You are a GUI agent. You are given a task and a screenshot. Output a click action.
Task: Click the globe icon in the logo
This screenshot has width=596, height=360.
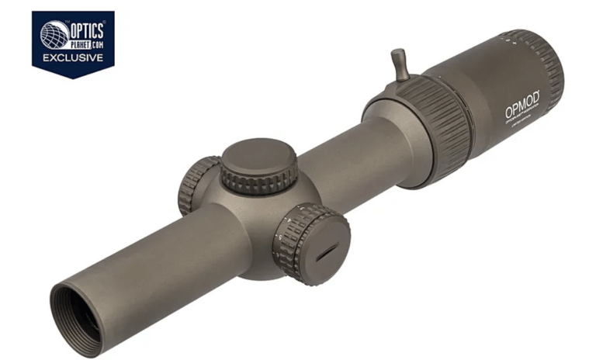pos(55,35)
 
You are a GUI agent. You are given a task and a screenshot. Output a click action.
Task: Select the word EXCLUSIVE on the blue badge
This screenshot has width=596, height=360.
pos(73,58)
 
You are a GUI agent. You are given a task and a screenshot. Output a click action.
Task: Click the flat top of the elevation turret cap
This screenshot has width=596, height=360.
pos(258,157)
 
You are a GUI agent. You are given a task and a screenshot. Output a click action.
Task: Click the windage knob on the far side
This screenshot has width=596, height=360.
pos(195,183)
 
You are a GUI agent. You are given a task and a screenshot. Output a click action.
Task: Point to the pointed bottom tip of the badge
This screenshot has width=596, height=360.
pos(73,77)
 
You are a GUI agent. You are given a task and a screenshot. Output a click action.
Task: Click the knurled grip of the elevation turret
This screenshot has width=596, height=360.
pos(256,183)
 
